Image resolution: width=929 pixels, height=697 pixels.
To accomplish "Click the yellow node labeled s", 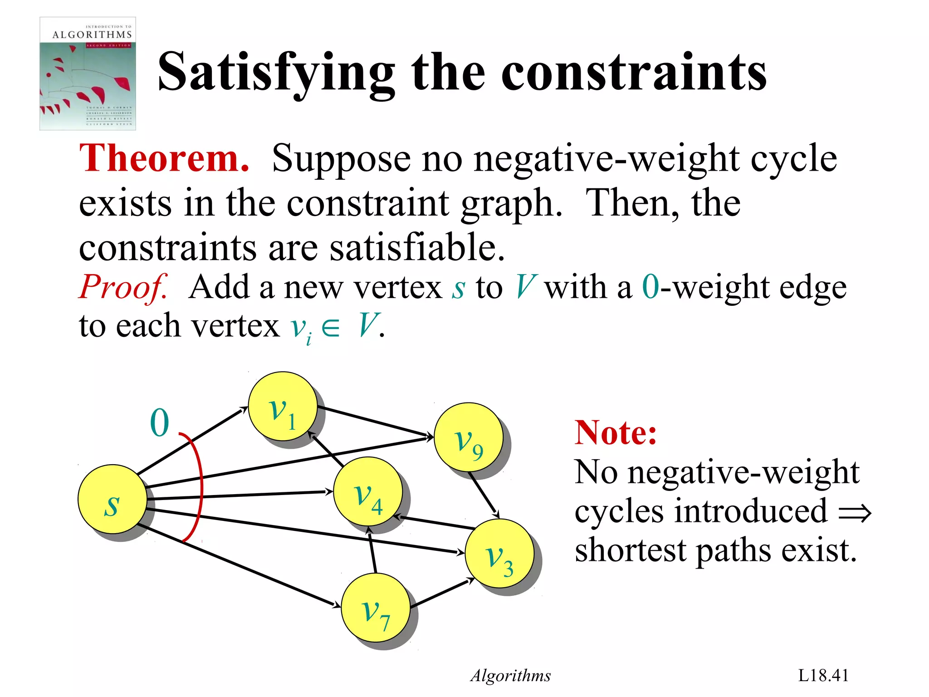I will pos(112,499).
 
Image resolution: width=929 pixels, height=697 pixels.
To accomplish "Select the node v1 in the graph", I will pos(283,406).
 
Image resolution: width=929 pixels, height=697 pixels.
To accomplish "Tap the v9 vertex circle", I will pos(468,437).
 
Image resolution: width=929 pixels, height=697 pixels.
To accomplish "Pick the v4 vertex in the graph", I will pos(367,491).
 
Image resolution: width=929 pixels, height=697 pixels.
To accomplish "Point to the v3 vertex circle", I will pos(499,554).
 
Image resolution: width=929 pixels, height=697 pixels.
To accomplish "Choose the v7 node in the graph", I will pos(376,608).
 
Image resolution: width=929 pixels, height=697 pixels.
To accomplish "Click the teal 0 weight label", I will pos(160,423).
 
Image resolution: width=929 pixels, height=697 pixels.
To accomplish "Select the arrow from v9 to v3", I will pos(484,495).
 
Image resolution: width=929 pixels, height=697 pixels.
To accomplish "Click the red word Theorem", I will pos(164,158).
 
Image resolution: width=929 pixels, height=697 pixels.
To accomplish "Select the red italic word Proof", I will pos(123,287).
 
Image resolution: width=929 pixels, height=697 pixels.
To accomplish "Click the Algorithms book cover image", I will pos(88,74).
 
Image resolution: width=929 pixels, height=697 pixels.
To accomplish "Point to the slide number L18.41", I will pos(823,675).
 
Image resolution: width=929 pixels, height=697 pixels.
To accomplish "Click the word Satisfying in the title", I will pos(276,73).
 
